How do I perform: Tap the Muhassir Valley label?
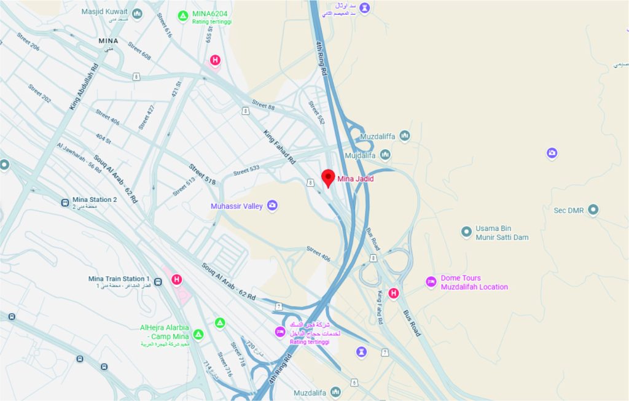(236, 206)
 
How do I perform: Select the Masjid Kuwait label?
(105, 12)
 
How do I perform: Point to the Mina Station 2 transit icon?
(64, 202)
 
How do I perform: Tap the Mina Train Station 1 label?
(119, 279)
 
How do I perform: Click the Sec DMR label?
(568, 210)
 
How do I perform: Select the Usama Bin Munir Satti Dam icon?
(466, 231)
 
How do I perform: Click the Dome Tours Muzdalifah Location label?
(474, 282)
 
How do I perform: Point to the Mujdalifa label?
(360, 155)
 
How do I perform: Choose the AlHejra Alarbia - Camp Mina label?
(165, 332)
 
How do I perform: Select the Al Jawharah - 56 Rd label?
(79, 158)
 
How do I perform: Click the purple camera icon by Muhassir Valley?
(272, 206)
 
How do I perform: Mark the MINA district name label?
(108, 41)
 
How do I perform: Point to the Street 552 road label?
(316, 113)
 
